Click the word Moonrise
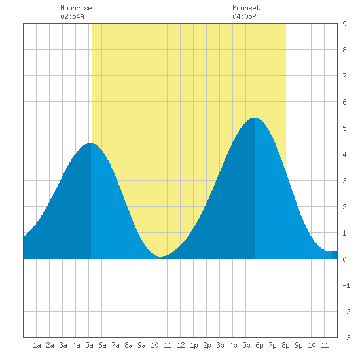[x=76, y=8]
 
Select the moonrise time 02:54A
[x=72, y=16]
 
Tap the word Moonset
[x=246, y=8]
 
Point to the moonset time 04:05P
[x=244, y=16]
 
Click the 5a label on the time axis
[x=89, y=345]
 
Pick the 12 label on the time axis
[x=181, y=345]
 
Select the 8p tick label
[x=285, y=345]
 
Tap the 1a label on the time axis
[x=37, y=345]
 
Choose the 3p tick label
[x=220, y=345]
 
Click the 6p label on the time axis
[x=259, y=345]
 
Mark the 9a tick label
[x=141, y=345]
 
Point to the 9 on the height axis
[x=344, y=24]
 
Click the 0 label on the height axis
[x=344, y=259]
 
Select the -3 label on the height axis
[x=346, y=338]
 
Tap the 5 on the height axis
[x=344, y=128]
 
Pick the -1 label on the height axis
[x=346, y=285]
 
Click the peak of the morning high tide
[x=91, y=143]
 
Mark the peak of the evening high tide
[x=255, y=118]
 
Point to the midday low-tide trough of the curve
[x=161, y=256]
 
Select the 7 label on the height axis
[x=344, y=76]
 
